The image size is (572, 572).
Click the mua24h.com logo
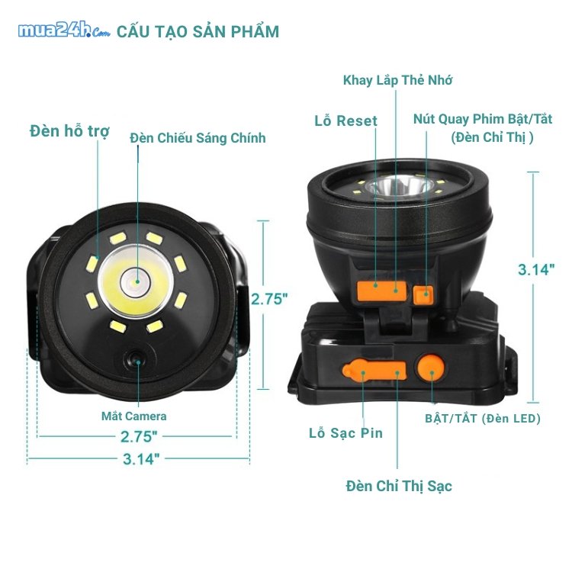pyautogui.click(x=64, y=31)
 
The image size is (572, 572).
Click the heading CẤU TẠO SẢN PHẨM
pyautogui.click(x=198, y=31)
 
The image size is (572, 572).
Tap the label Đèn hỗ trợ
pyautogui.click(x=69, y=131)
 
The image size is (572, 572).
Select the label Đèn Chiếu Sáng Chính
pyautogui.click(x=198, y=138)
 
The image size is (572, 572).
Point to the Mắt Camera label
pyautogui.click(x=134, y=416)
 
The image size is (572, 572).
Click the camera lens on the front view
pyautogui.click(x=134, y=359)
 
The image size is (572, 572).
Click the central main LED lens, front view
pyautogui.click(x=134, y=280)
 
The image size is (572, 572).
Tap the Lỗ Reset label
pyautogui.click(x=345, y=121)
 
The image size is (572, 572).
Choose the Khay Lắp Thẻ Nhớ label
pyautogui.click(x=397, y=80)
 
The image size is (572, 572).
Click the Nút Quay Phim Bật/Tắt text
pyautogui.click(x=483, y=119)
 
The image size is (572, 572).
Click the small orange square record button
pyautogui.click(x=423, y=294)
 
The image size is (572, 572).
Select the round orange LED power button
pyautogui.click(x=431, y=371)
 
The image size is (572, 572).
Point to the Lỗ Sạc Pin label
pyautogui.click(x=345, y=433)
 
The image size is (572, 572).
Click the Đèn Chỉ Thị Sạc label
pyautogui.click(x=399, y=487)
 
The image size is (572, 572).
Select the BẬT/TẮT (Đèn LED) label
pyautogui.click(x=483, y=419)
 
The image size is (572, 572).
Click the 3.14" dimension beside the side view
pyautogui.click(x=536, y=270)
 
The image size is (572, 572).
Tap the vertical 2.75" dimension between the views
pyautogui.click(x=269, y=299)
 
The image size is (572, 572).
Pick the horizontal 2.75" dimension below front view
pyautogui.click(x=139, y=437)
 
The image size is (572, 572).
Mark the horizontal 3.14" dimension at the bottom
pyautogui.click(x=141, y=459)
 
